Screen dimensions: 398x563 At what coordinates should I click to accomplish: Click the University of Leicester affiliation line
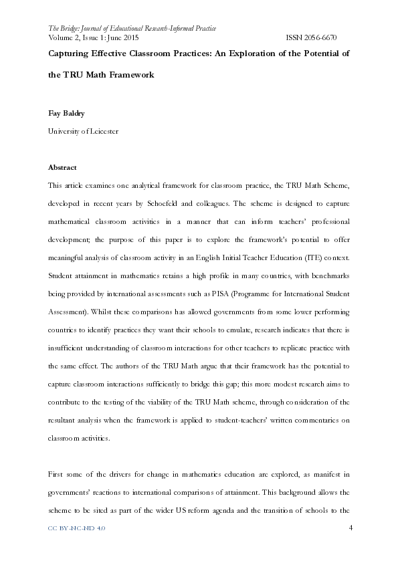click(x=84, y=132)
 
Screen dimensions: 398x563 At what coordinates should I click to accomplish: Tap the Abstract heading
click(x=62, y=167)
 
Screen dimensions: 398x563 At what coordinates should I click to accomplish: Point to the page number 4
click(x=351, y=528)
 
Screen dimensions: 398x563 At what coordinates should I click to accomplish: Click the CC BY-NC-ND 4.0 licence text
click(x=77, y=528)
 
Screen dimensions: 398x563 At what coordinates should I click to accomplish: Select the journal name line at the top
click(x=132, y=29)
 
